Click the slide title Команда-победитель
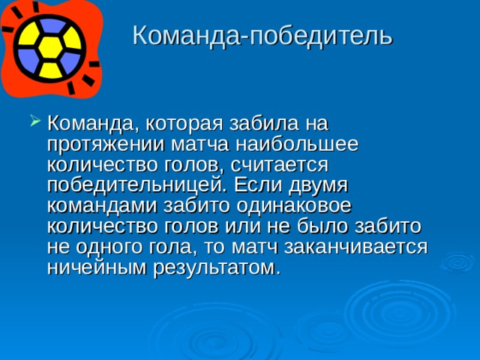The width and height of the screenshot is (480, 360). coord(262,35)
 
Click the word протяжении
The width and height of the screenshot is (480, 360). coord(102,142)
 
